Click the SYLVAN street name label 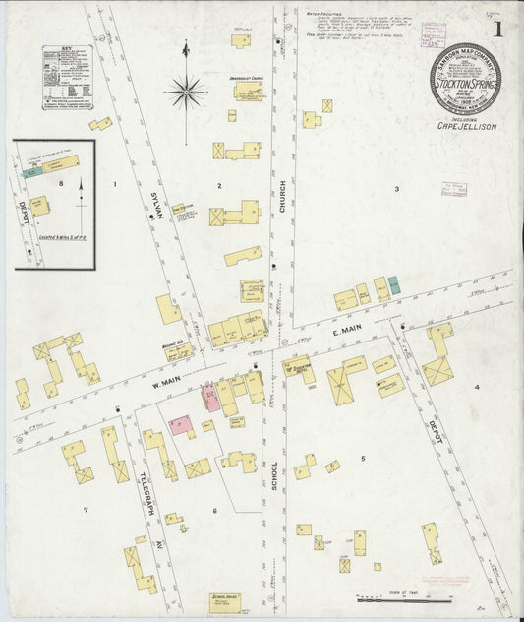click(x=156, y=208)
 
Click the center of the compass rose click(x=186, y=92)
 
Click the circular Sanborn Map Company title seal click(x=464, y=80)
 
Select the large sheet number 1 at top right click(x=499, y=29)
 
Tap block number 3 click(x=396, y=188)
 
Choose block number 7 click(x=86, y=510)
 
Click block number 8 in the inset click(x=60, y=183)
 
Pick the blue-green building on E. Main click(x=393, y=285)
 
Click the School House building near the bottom click(x=228, y=599)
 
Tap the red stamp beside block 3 click(x=453, y=189)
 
